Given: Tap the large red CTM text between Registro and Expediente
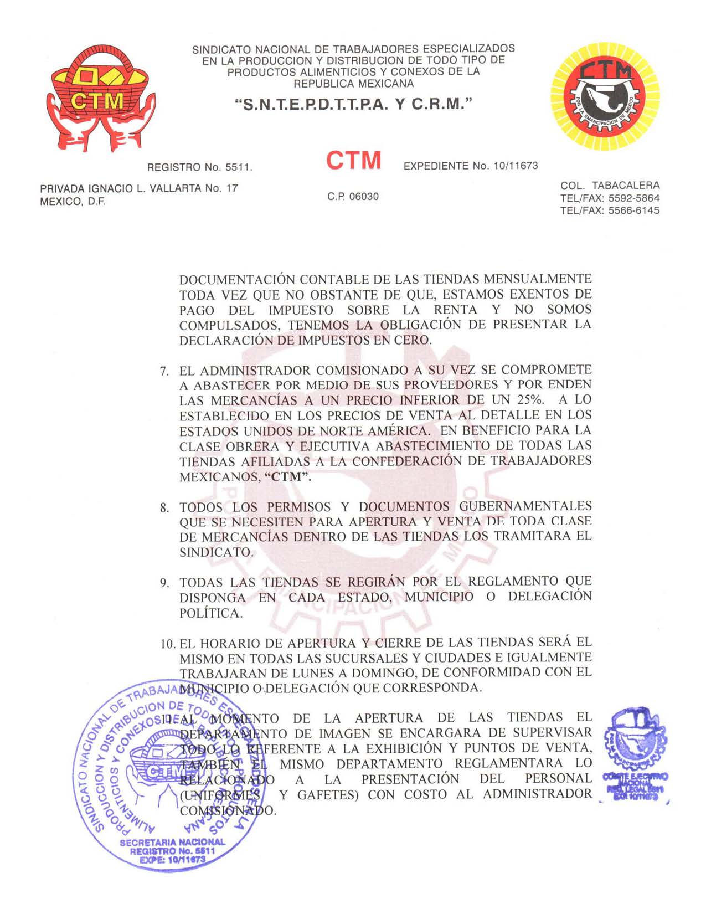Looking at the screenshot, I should [353, 161].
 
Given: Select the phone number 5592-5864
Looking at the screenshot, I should [634, 198].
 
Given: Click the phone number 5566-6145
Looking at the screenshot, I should [634, 210].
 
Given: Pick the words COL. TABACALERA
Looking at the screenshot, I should [610, 186].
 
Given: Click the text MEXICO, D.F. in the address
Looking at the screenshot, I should [73, 202].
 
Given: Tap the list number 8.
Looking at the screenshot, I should [164, 508].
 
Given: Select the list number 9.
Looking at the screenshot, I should [164, 583].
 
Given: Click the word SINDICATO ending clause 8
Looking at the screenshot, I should [216, 552].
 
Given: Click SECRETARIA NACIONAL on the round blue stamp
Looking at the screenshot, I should [172, 842].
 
